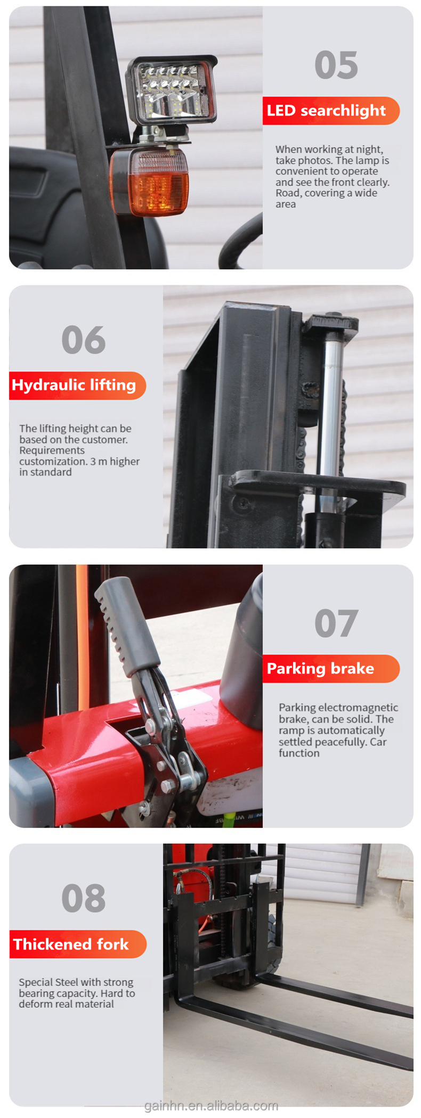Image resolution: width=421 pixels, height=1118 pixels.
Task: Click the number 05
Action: (336, 65)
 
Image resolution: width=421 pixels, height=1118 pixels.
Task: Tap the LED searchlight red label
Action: (326, 111)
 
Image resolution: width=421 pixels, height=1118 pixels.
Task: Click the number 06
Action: (84, 340)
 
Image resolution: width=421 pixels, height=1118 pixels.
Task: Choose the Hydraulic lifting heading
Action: (74, 385)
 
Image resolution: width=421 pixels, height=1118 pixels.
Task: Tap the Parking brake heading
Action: (320, 669)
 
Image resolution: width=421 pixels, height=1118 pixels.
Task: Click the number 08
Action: (84, 898)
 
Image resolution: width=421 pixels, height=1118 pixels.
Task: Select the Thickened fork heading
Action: (71, 944)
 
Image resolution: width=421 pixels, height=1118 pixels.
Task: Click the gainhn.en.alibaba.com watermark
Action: (211, 1106)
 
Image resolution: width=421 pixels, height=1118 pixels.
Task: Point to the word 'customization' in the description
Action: (52, 462)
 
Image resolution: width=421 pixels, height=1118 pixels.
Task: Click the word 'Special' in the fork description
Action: (36, 982)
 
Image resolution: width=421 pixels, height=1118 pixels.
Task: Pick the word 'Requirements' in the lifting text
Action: (52, 450)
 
